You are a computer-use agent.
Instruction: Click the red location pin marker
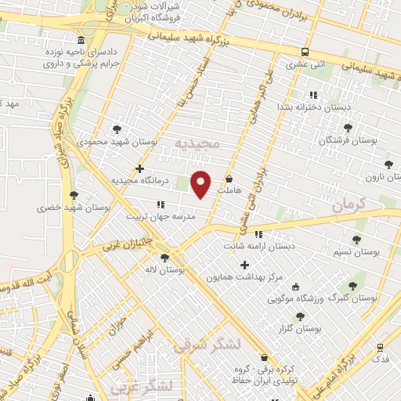[x=201, y=183]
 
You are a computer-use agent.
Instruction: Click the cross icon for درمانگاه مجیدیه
[x=139, y=168]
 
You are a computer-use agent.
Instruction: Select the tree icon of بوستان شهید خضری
[x=74, y=195]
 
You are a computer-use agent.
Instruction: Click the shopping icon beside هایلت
[x=229, y=179]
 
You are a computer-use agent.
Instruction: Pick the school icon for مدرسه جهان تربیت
[x=161, y=204]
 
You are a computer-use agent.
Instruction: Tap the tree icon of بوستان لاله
[x=164, y=258]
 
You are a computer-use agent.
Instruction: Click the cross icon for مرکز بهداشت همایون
[x=245, y=265]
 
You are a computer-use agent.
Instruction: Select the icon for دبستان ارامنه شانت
[x=258, y=233]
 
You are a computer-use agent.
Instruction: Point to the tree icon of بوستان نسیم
[x=357, y=240]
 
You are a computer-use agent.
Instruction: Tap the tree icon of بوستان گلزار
[x=301, y=316]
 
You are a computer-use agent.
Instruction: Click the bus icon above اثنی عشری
[x=305, y=52]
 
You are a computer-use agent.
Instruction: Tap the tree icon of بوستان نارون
[x=388, y=164]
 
